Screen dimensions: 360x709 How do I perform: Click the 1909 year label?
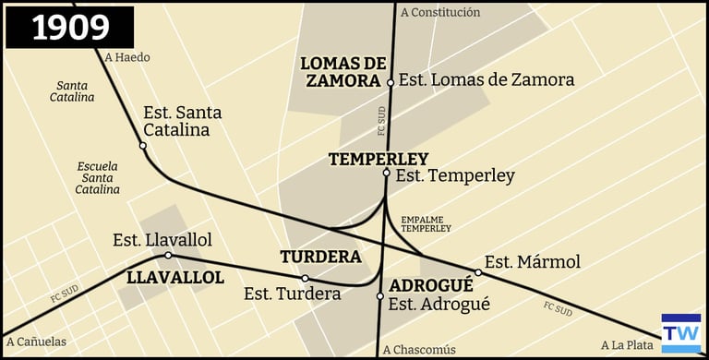[x=70, y=28]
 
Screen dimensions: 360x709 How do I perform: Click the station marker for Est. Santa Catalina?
[x=143, y=146]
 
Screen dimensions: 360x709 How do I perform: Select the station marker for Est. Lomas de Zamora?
[x=391, y=82]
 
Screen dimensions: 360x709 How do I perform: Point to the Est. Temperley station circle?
[x=387, y=173]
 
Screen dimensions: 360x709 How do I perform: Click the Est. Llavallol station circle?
[x=168, y=256]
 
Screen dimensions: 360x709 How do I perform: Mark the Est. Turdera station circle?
[x=306, y=278]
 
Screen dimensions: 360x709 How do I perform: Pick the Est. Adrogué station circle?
[x=380, y=296]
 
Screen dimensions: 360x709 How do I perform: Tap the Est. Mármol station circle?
[x=478, y=272]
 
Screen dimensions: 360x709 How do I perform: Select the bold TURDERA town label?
[x=320, y=257]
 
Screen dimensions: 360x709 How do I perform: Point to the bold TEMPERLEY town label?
[x=379, y=159]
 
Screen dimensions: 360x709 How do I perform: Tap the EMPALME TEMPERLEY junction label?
[x=426, y=222]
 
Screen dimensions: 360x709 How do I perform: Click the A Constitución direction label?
[x=440, y=12]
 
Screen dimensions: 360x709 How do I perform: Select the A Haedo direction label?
[x=127, y=57]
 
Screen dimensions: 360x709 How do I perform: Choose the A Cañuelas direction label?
[x=36, y=342]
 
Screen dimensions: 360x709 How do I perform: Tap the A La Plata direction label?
[x=627, y=344]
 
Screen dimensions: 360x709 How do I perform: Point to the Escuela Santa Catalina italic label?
[x=99, y=177]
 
